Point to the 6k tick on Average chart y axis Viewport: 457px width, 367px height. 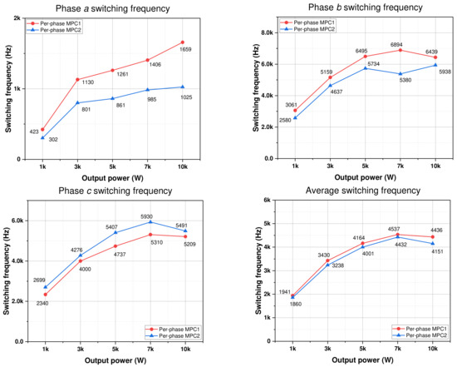pos(269,201)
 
